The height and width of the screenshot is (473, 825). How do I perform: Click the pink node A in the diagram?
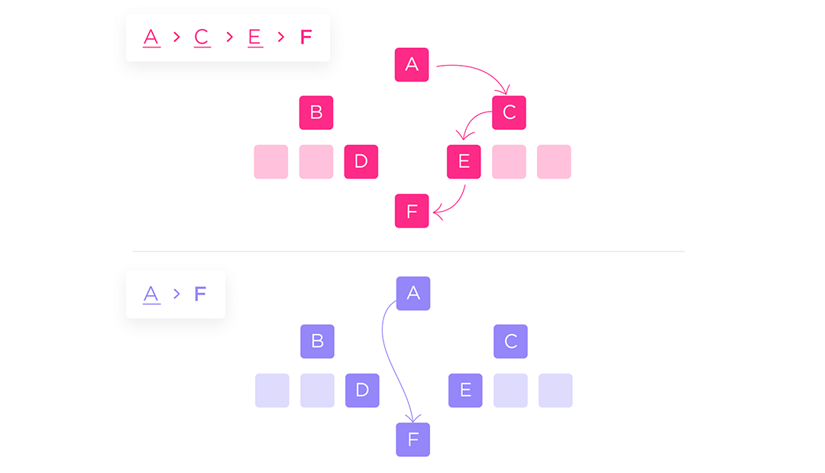pos(412,65)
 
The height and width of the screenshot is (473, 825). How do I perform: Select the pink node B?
pos(316,112)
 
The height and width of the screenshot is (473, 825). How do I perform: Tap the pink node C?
pos(509,112)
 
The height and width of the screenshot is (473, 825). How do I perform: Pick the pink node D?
pos(361,161)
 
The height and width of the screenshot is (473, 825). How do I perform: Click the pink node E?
pos(464,161)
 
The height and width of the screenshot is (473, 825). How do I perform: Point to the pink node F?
pos(412,211)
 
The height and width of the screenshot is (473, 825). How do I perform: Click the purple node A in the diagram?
pos(413,293)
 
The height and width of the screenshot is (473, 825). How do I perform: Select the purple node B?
pos(317,342)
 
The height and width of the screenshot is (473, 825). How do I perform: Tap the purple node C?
pos(510,342)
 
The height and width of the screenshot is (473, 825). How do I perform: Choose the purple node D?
pos(362,390)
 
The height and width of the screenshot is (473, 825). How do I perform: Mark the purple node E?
pos(465,390)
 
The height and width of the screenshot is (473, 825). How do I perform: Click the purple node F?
pos(413,439)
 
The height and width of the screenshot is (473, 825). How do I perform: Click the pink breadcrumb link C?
pos(202,37)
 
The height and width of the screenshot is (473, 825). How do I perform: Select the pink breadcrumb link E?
pos(255,37)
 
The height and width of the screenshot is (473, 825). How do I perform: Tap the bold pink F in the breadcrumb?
pos(306,37)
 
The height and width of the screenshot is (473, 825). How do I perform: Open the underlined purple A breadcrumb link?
pos(151,295)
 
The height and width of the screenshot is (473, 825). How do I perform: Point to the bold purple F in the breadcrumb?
pos(200,293)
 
